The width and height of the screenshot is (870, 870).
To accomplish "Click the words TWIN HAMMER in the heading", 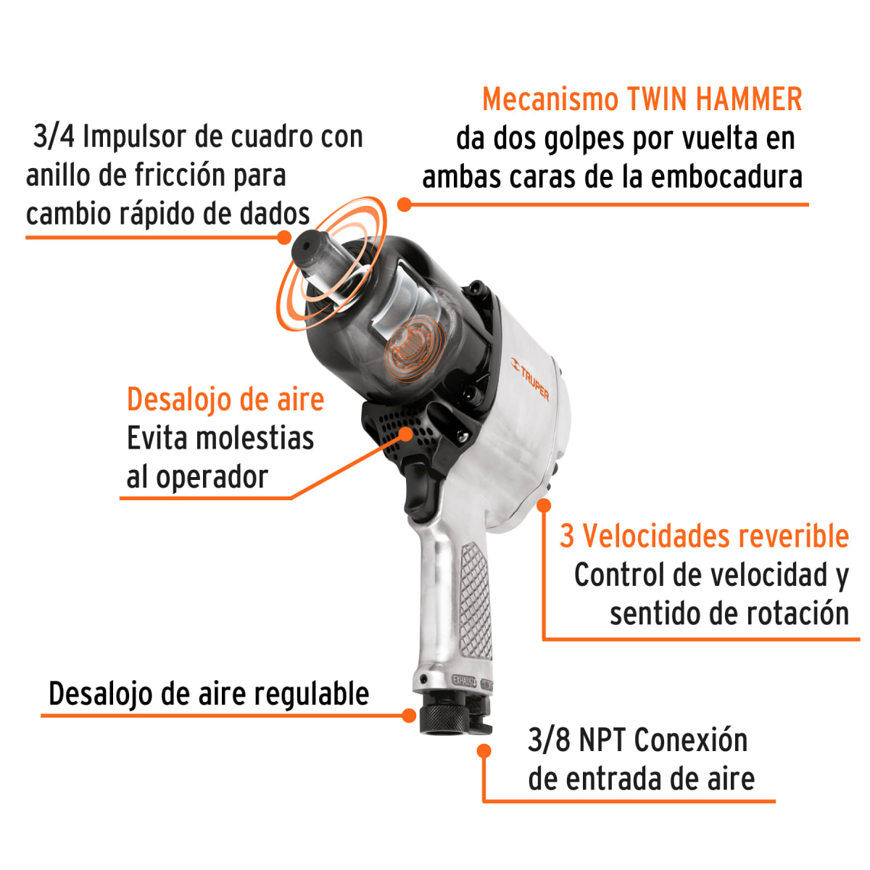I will pyautogui.click(x=714, y=99).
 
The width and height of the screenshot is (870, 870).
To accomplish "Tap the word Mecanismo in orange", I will pyautogui.click(x=550, y=99).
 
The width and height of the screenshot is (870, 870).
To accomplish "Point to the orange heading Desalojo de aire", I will pyautogui.click(x=225, y=399).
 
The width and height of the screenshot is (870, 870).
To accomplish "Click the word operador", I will pyautogui.click(x=212, y=477).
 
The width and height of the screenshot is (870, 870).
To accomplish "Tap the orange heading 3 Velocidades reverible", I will pyautogui.click(x=703, y=536).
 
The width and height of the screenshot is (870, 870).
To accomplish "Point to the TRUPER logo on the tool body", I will pyautogui.click(x=531, y=379).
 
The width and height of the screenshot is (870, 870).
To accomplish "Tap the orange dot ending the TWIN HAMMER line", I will pyautogui.click(x=405, y=204).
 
